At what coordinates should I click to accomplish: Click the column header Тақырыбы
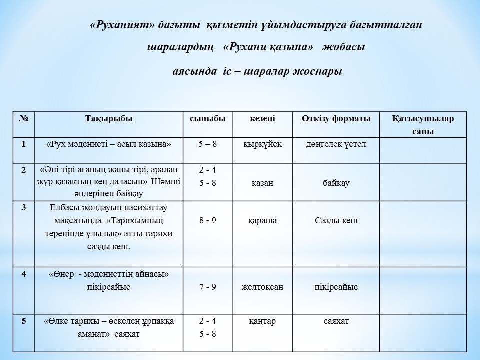click(x=109, y=119)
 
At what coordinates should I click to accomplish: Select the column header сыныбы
click(x=207, y=119)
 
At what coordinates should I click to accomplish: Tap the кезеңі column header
click(x=262, y=119)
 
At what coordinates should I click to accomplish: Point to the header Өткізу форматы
click(x=336, y=119)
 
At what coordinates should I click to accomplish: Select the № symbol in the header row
click(x=23, y=119)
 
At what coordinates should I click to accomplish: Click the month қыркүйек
click(x=262, y=144)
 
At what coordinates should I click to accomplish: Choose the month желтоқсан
click(x=262, y=287)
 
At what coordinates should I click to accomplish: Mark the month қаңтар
click(x=262, y=321)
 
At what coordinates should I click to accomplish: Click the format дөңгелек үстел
click(x=336, y=144)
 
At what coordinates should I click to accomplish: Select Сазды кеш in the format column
click(x=336, y=220)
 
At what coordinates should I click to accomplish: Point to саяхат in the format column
click(x=336, y=321)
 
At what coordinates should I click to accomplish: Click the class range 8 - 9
click(x=207, y=220)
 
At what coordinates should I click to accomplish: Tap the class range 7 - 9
click(x=207, y=287)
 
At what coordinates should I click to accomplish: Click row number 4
click(x=23, y=274)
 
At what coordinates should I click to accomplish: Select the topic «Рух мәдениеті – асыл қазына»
click(x=108, y=144)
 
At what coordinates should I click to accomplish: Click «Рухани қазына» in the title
click(x=268, y=48)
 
